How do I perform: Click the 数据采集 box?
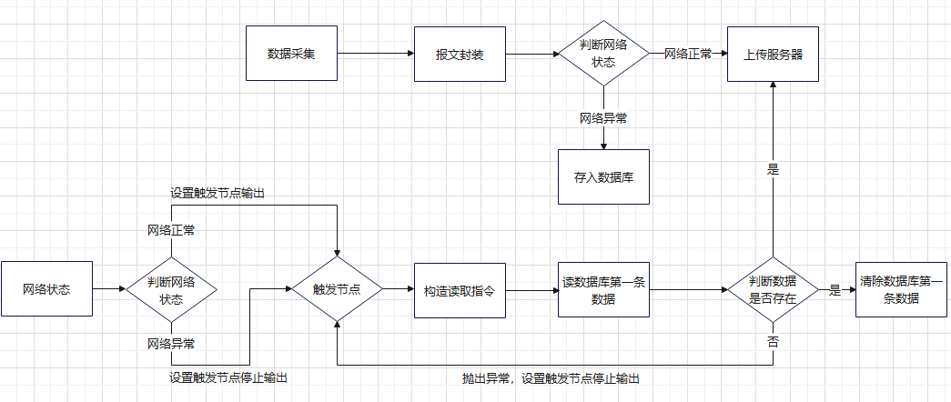[x=291, y=54]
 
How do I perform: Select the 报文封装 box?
[x=460, y=54]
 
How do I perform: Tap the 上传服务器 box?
[x=773, y=54]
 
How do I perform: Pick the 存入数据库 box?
[x=603, y=176]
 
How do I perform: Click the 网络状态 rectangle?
[x=46, y=289]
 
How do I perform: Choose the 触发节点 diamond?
[x=337, y=289]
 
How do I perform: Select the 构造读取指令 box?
[x=460, y=290]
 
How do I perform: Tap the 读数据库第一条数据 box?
[x=603, y=290]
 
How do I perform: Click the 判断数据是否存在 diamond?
[x=773, y=290]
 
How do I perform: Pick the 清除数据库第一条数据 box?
[x=901, y=290]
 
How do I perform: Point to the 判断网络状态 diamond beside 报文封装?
[x=603, y=54]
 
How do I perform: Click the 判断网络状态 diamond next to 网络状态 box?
[x=171, y=290]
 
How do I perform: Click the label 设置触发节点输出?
[x=218, y=193]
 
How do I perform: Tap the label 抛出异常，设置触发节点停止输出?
[x=550, y=378]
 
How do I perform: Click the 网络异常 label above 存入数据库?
[x=603, y=118]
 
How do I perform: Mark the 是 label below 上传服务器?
[x=774, y=169]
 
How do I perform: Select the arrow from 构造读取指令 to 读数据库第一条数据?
[x=531, y=290]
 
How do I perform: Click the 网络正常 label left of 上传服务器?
[x=688, y=54]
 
